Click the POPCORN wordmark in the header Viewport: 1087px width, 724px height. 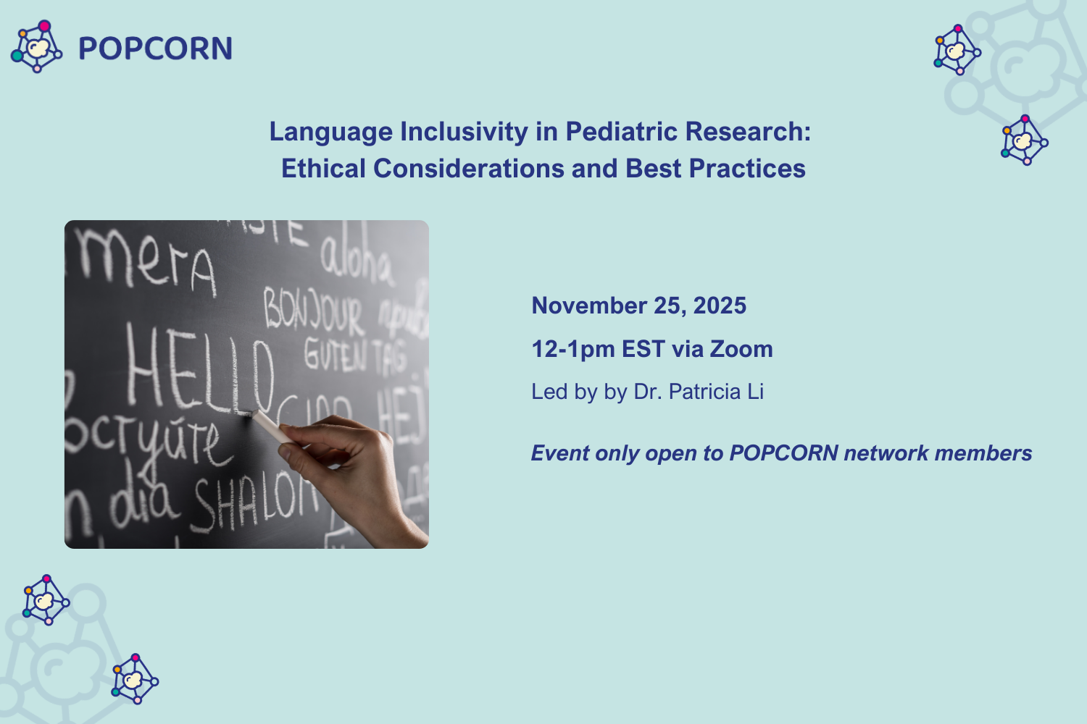click(155, 49)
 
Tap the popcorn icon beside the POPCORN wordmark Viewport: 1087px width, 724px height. click(36, 46)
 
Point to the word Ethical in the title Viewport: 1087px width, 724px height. click(323, 169)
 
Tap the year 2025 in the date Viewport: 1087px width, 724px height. click(720, 306)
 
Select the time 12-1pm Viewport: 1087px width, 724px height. click(573, 349)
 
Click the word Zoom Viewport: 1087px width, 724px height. click(741, 349)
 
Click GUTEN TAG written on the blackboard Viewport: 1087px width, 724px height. click(354, 355)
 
